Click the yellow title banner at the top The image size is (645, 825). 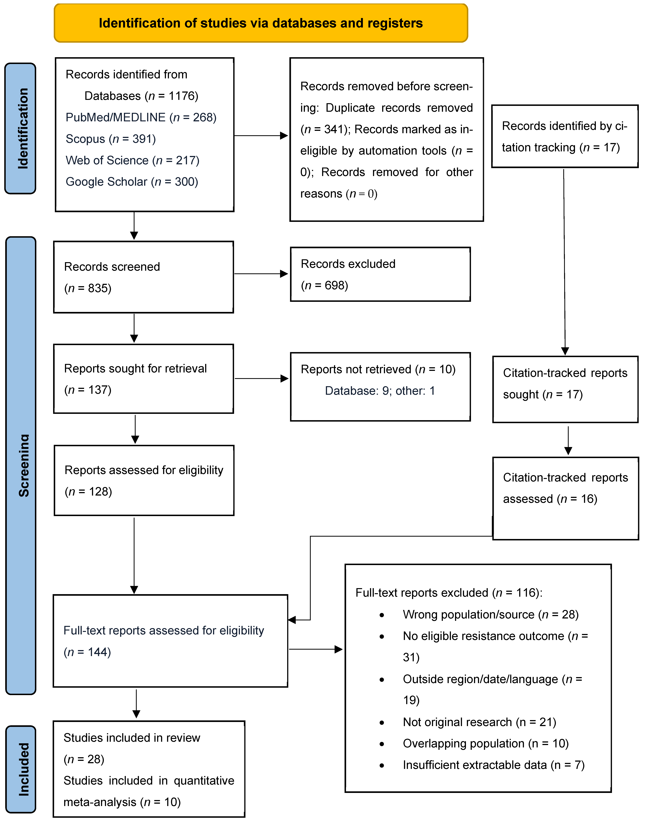261,23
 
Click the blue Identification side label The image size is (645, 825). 20,128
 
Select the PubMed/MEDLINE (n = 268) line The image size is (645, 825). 141,117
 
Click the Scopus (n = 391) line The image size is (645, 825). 111,139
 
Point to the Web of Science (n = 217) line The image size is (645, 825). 132,161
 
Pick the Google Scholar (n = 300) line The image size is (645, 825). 132,182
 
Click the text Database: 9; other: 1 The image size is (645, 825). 380,391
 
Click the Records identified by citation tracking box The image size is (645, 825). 565,136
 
